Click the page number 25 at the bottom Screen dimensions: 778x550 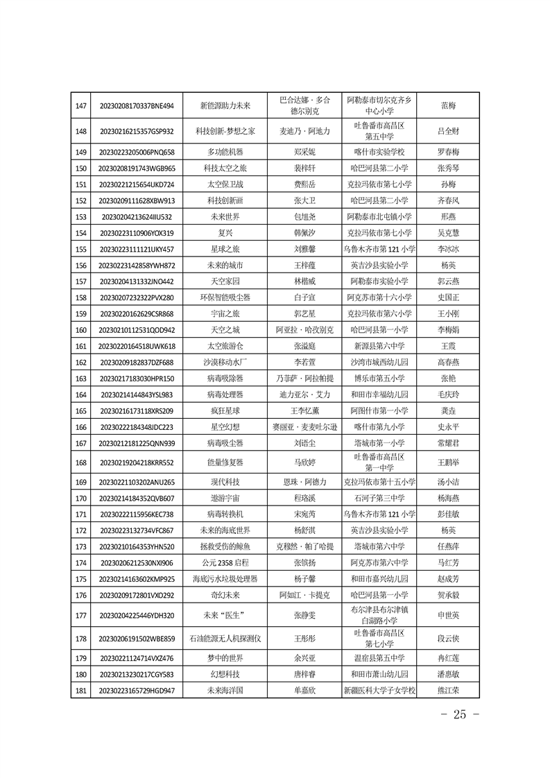click(456, 714)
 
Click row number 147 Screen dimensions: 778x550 click(81, 106)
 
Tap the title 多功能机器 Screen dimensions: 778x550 click(225, 152)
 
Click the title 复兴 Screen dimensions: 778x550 click(225, 233)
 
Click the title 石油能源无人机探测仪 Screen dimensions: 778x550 click(225, 639)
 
